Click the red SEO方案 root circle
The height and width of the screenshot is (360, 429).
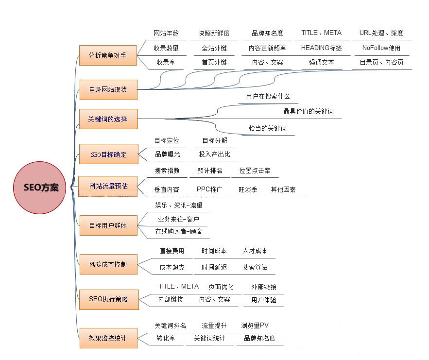pos(40,188)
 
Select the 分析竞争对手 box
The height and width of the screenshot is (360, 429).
pos(108,55)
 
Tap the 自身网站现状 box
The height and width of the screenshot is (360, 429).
pos(108,90)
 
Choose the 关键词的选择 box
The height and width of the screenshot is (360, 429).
pos(108,119)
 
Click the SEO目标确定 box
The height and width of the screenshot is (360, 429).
pos(109,154)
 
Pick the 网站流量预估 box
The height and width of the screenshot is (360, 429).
pos(108,186)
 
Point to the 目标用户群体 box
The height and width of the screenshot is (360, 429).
pos(108,225)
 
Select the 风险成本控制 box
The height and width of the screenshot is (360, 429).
pos(108,264)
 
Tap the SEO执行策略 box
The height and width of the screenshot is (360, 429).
pos(109,300)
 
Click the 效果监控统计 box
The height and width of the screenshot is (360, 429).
pos(108,338)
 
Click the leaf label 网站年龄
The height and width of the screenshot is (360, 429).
pos(166,34)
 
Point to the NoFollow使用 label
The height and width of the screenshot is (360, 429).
pos(381,48)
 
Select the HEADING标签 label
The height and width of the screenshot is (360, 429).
pos(322,48)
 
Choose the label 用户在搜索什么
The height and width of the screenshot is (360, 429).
pos(268,96)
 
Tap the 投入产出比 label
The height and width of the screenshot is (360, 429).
pos(215,154)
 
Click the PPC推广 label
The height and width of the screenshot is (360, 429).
pos(209,189)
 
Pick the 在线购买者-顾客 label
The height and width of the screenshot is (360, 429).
pos(179,231)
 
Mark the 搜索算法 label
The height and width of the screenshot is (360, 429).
pos(255,267)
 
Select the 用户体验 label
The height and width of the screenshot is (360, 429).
pos(264,300)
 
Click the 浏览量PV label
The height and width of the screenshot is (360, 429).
pos(255,326)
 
